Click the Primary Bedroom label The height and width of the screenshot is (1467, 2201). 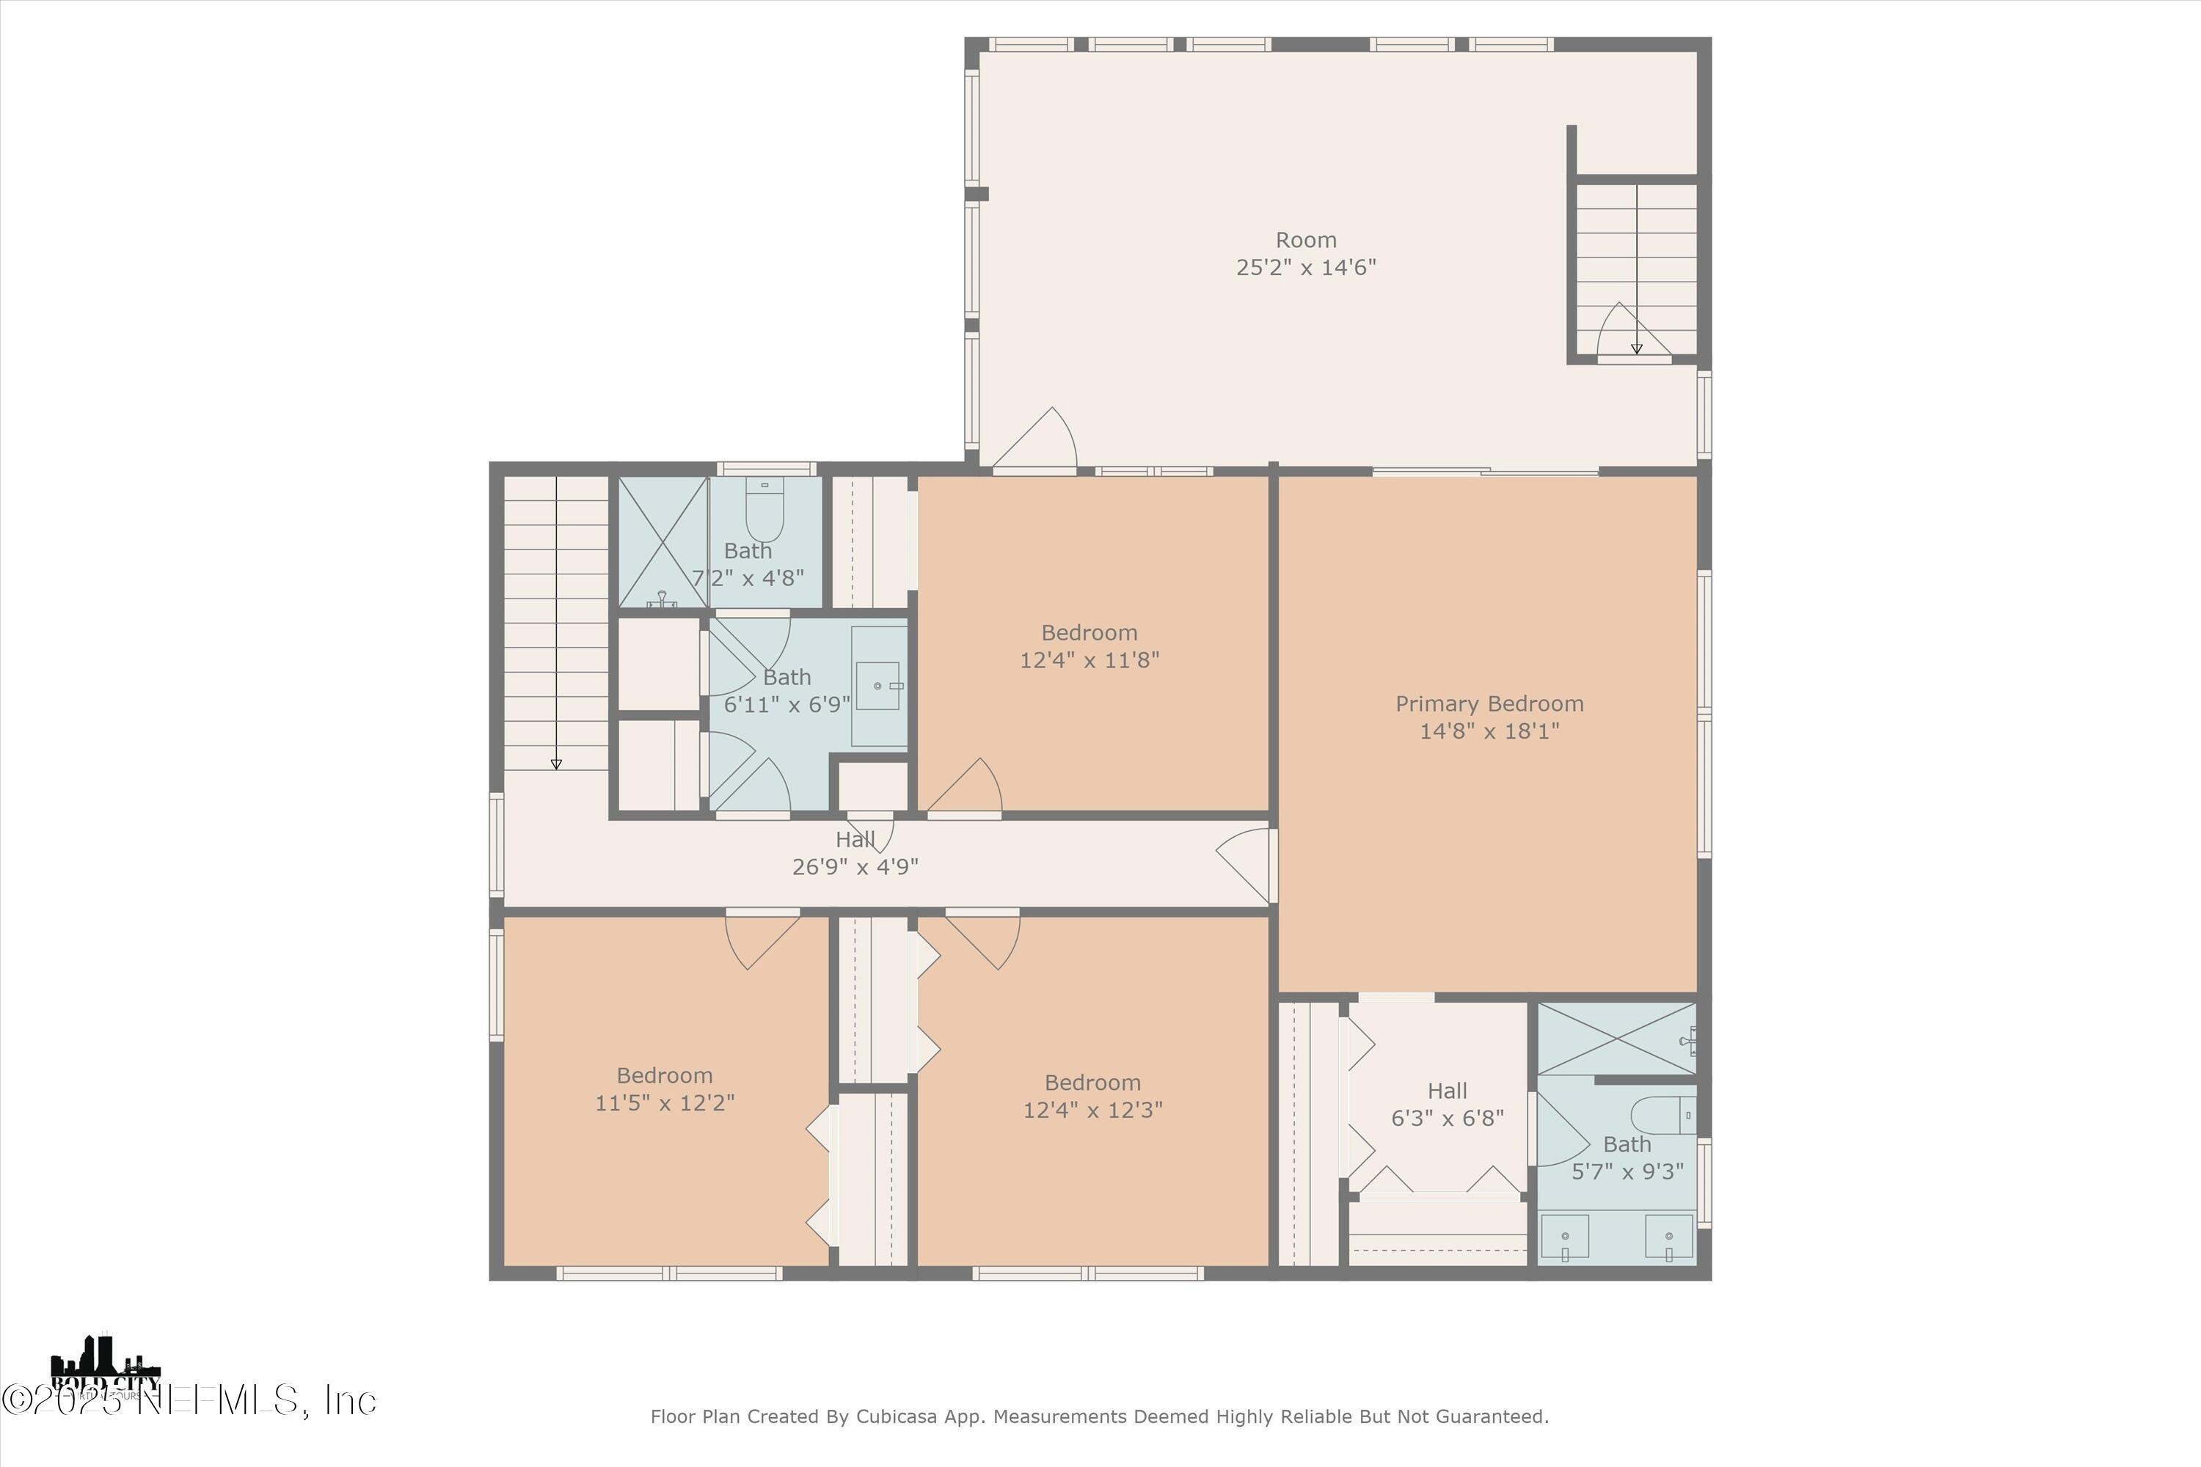(1489, 703)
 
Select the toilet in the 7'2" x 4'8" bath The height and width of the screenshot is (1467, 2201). (764, 512)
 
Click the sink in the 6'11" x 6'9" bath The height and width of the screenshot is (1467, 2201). (877, 686)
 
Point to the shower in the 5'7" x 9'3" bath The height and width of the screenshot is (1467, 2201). (1616, 1039)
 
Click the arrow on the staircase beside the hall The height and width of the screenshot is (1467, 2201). (556, 763)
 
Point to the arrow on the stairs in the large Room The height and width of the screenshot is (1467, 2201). (1636, 347)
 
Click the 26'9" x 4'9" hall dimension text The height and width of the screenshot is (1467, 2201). (855, 867)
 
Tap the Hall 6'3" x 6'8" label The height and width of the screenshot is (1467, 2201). (1447, 1091)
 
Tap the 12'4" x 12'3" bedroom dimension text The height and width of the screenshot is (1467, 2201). (1092, 1110)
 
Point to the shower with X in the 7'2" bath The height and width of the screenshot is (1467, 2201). (663, 543)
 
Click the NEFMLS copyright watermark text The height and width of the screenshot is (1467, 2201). (187, 1400)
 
